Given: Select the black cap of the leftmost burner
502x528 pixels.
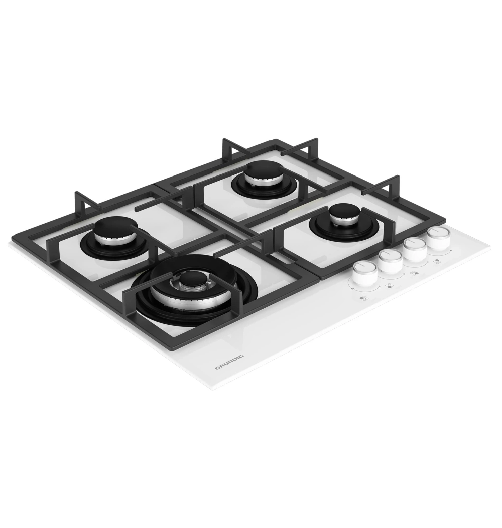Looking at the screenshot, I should coord(113,228).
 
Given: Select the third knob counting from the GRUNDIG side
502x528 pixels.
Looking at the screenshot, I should coord(415,248).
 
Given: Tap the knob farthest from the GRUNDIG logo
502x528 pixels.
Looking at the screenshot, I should coord(439,237).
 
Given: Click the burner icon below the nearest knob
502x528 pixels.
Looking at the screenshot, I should coord(363,299).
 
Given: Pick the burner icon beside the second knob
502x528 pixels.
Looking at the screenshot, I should coord(390,285).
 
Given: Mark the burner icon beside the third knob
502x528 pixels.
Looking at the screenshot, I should coord(415,273).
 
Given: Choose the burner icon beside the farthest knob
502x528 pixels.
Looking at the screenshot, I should coord(437,261).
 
